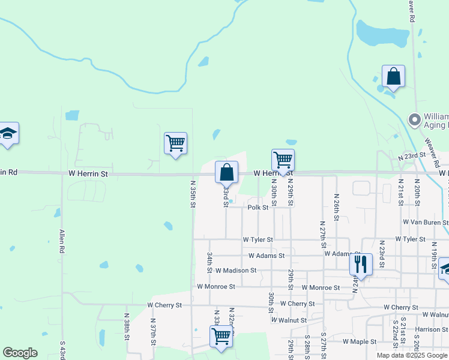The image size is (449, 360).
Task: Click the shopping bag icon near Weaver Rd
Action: [393, 77]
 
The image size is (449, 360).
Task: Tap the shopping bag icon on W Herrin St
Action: [226, 173]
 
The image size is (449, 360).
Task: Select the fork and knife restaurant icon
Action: [361, 263]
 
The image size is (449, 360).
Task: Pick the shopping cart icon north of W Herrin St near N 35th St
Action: [175, 144]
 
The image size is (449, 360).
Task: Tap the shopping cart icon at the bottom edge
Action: [221, 336]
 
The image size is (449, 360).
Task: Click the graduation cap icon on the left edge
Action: [8, 134]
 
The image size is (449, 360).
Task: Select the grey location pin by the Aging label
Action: [414, 120]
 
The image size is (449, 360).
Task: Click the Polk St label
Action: [258, 208]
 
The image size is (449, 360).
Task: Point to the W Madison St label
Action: [236, 271]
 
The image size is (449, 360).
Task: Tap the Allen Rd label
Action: [62, 240]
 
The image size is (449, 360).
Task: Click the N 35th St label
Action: [193, 194]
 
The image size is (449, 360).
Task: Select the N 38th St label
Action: [127, 326]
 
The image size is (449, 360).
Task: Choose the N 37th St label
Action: [153, 336]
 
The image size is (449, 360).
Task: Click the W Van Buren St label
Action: [426, 222]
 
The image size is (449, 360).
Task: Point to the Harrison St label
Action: [431, 329]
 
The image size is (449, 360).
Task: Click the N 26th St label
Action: [336, 205]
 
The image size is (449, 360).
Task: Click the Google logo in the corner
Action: [20, 353]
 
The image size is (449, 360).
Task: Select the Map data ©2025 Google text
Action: [412, 355]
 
